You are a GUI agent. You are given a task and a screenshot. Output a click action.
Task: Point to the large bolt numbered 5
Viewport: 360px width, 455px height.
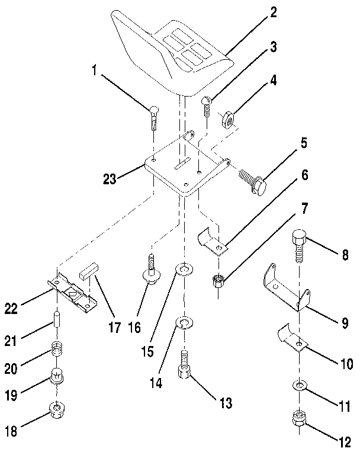[252, 180]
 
